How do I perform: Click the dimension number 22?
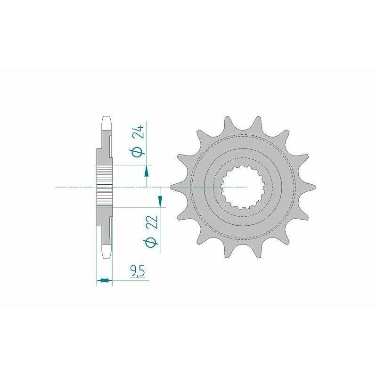click(153, 222)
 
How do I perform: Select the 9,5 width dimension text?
click(138, 271)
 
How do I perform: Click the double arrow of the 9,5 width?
click(104, 280)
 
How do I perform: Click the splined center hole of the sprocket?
click(243, 187)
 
